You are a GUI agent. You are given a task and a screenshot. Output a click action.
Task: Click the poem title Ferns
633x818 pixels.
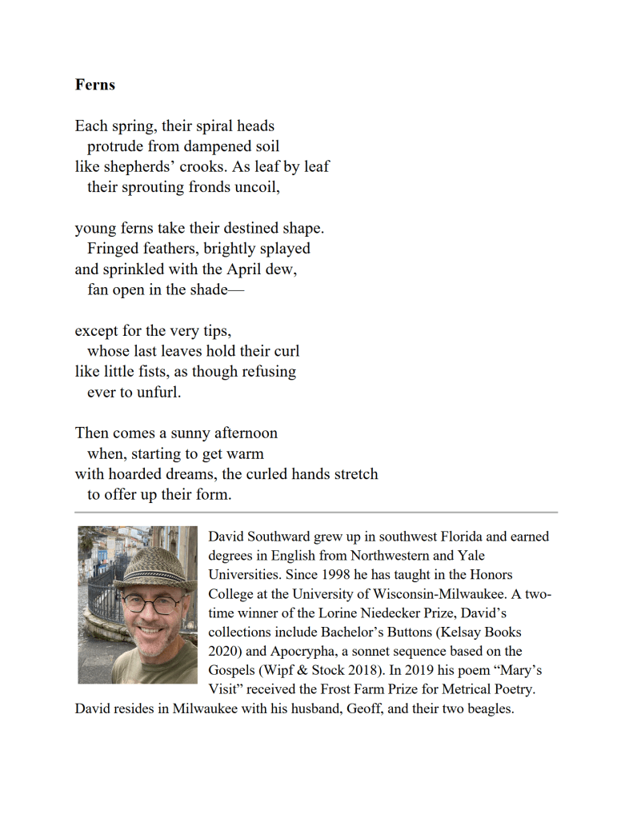95,85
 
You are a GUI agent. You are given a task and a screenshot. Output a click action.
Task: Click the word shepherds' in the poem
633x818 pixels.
137,167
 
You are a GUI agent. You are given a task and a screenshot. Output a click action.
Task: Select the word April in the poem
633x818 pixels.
235,269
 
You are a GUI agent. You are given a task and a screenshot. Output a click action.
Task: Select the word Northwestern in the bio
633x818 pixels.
388,556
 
